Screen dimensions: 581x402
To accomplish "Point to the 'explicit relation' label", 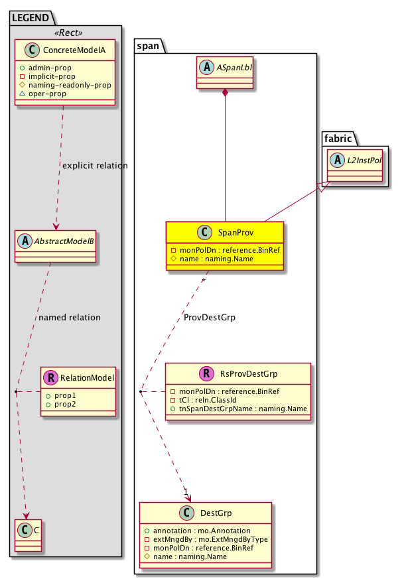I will pyautogui.click(x=94, y=165).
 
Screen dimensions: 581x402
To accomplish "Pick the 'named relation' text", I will pyautogui.click(x=70, y=318).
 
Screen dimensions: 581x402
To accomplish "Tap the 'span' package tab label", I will pyautogui.click(x=148, y=46).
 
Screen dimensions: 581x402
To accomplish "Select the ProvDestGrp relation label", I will pyautogui.click(x=210, y=318).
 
